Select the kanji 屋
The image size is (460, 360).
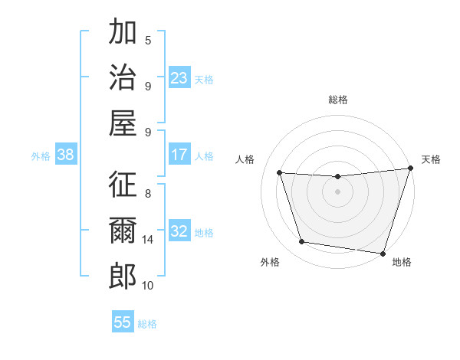coord(123,122)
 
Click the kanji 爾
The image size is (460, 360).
coord(123,230)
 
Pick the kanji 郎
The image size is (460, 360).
coord(123,275)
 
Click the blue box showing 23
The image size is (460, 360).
coord(179,78)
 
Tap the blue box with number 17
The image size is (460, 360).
coord(179,155)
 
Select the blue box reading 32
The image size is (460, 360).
coord(179,232)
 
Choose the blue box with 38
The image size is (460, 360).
coord(66,155)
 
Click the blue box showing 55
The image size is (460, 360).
coord(123,322)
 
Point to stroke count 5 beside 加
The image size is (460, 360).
coord(148,41)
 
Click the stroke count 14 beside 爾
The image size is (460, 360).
coord(148,240)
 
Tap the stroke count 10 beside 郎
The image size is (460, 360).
coord(148,286)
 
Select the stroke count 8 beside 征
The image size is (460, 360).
coord(148,194)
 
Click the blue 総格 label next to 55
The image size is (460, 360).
coord(147,324)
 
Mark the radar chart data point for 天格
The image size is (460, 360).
coord(410,169)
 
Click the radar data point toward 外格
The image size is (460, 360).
coord(302,242)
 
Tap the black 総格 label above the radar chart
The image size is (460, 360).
coord(337,100)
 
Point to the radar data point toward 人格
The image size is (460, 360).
coord(280,173)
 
